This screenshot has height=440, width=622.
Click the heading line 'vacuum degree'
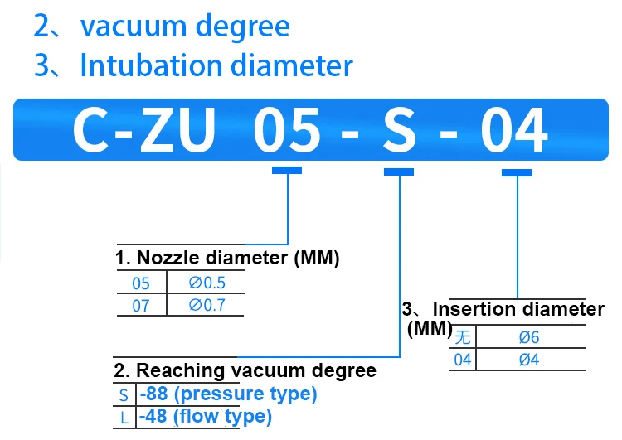point(184,27)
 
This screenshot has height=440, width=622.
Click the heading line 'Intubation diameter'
point(216,66)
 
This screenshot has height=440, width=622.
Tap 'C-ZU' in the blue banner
point(145,131)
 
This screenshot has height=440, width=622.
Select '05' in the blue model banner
point(286,131)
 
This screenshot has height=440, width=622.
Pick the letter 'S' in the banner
point(399,131)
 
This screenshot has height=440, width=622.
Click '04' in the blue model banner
point(515,131)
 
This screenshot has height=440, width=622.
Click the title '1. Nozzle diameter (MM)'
point(227,259)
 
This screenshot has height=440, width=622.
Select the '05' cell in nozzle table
point(141,283)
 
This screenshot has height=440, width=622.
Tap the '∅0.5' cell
point(207,283)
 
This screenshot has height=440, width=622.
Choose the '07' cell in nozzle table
point(141,306)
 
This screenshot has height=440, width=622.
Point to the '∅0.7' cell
point(207,306)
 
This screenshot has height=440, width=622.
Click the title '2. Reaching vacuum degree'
point(245,370)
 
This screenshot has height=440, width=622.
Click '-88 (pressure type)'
point(228,394)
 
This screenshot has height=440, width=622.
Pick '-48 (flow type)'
point(206,417)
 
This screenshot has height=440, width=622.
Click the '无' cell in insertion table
point(463,336)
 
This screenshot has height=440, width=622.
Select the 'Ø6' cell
point(529,336)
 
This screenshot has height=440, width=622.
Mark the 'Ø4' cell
point(529,360)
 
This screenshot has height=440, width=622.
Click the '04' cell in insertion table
point(463,360)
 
